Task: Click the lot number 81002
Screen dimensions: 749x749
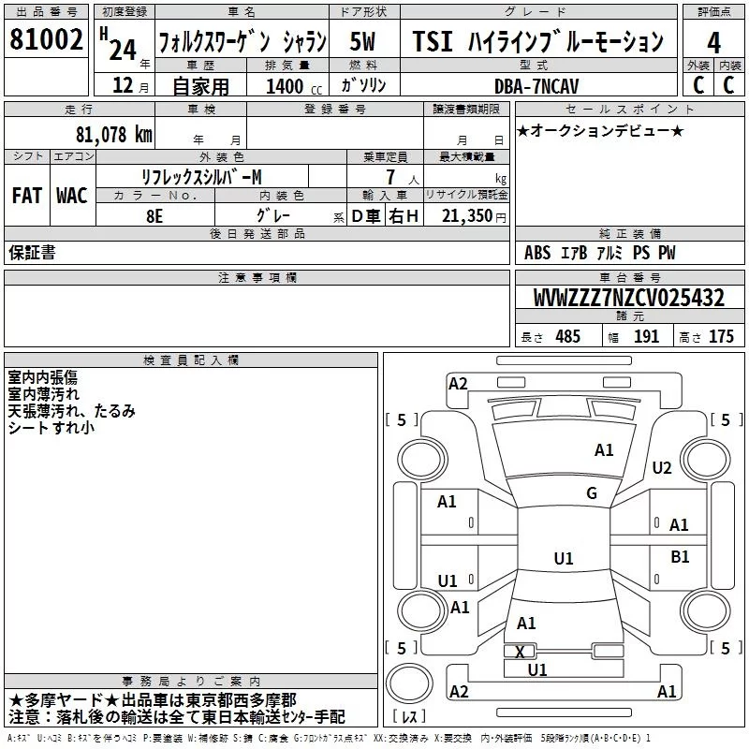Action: tap(45, 39)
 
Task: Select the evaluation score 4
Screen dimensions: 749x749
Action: tap(713, 43)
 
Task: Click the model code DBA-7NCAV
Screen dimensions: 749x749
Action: tap(537, 86)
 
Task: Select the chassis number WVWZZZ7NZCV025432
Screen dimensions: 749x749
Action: tap(628, 299)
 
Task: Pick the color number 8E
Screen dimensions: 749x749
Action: tap(154, 216)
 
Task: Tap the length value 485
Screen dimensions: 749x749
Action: tap(567, 337)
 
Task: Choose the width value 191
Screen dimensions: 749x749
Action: tap(646, 337)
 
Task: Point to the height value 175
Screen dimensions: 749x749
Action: tap(721, 337)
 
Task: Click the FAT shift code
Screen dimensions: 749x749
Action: tap(27, 196)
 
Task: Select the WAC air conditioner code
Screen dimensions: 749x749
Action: tap(72, 196)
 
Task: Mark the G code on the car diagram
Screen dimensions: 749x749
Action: tap(592, 493)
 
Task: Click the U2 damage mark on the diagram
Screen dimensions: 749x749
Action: tap(662, 468)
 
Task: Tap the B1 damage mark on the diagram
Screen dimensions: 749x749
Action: tap(680, 556)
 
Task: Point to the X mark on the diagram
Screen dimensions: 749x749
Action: tap(521, 652)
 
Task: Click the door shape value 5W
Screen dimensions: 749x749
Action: tap(363, 41)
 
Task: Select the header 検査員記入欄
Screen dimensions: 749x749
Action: tap(191, 360)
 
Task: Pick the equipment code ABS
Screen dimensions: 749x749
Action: tap(537, 253)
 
